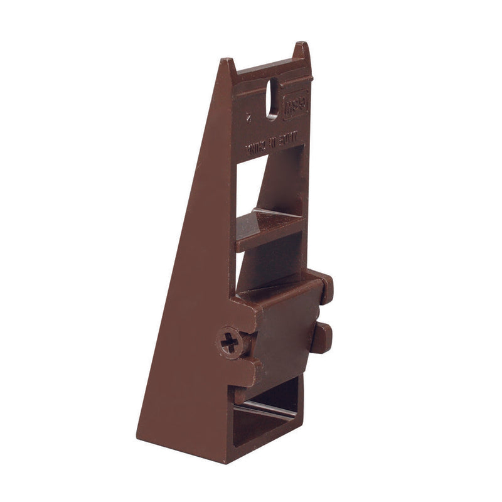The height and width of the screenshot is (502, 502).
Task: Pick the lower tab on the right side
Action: coord(322,337)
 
